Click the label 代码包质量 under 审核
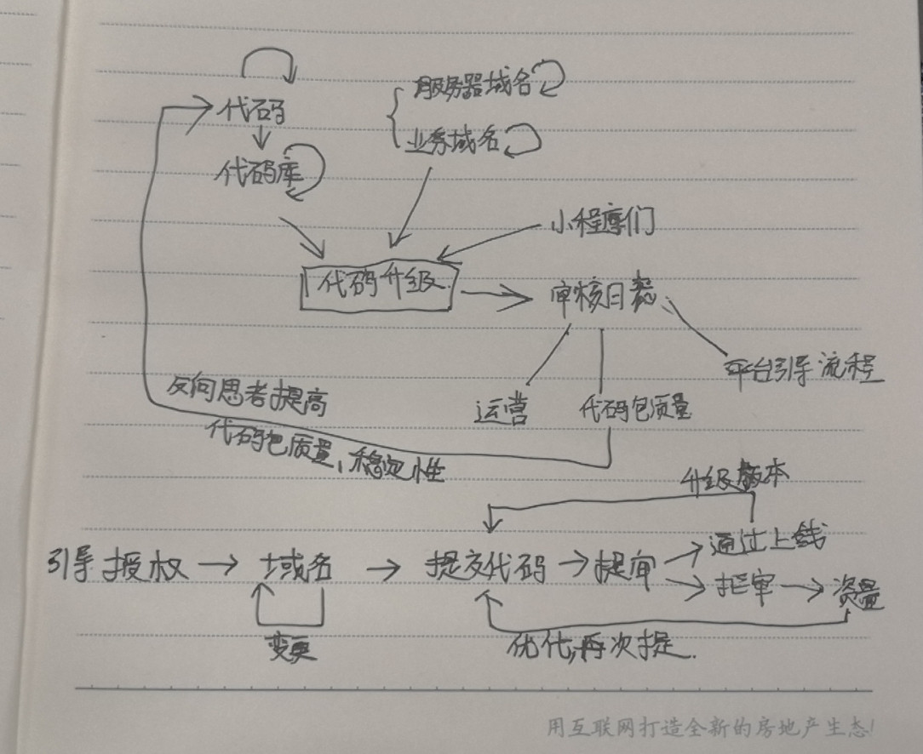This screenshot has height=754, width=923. pyautogui.click(x=635, y=409)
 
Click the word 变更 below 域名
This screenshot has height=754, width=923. pyautogui.click(x=290, y=648)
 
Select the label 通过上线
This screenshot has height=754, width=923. pyautogui.click(x=766, y=540)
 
